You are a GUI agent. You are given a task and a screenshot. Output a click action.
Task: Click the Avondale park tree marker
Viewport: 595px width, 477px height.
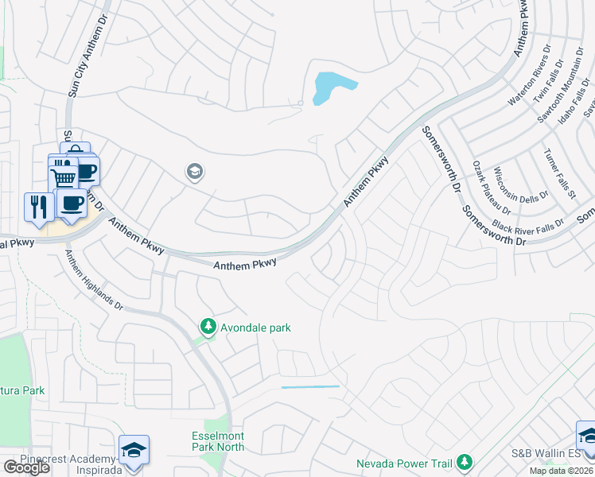208,327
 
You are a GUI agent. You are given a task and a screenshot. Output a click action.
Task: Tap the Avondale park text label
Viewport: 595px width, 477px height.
255,328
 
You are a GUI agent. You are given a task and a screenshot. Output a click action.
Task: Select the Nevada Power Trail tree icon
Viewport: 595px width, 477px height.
465,463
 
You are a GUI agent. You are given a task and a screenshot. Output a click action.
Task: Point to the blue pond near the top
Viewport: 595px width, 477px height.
332,86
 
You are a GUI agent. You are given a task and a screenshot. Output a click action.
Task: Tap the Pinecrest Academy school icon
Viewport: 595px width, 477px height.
134,449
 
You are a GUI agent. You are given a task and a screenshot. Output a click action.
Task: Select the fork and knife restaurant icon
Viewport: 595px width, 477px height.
38,207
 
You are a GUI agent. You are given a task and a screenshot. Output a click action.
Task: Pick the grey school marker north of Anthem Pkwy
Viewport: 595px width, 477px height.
194,171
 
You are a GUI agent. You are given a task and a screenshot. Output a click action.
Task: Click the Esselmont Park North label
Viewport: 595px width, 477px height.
218,442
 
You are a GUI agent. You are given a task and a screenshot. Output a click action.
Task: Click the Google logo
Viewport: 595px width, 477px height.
26,467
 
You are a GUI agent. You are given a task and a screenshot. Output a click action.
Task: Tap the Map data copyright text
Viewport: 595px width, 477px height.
562,471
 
